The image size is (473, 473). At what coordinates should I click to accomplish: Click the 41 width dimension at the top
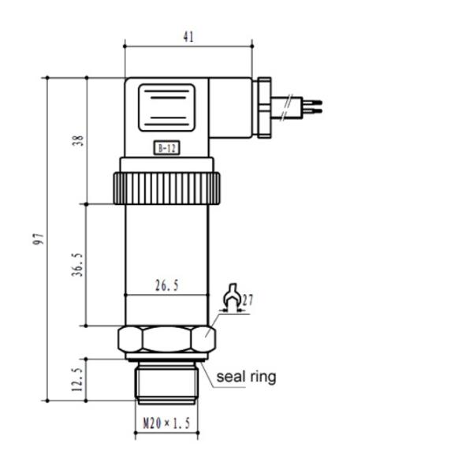point(188,37)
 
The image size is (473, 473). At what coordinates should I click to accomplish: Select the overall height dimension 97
point(39,239)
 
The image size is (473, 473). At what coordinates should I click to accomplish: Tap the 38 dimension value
point(78,140)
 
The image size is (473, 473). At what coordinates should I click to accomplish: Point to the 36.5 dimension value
point(77,265)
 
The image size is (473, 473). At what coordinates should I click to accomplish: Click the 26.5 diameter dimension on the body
point(167,285)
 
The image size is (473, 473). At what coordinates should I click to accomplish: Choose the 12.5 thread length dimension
point(77,379)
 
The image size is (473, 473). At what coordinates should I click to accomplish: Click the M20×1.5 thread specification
point(166,423)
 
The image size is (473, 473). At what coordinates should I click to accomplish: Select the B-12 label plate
point(167,148)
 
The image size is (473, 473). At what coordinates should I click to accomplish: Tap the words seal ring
point(246,377)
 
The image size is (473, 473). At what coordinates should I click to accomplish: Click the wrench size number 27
point(248,300)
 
